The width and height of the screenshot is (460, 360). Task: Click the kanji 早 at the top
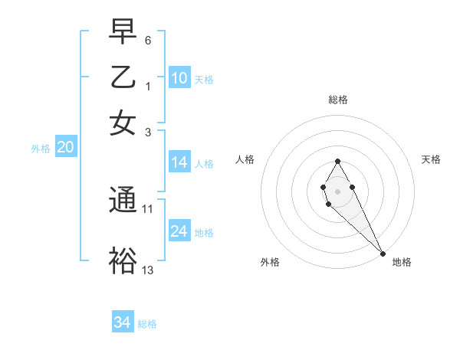point(123,31)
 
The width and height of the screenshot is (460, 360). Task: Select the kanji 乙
point(123,77)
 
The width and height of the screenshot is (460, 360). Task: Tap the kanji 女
point(123,123)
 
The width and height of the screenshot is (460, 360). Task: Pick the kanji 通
point(123,200)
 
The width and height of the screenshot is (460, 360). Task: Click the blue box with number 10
point(179,78)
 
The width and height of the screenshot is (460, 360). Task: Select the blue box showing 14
point(179,162)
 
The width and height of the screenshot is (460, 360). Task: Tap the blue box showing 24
point(179,231)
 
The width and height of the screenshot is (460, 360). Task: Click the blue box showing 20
point(65,148)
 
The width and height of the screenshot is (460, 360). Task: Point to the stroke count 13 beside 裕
point(148,269)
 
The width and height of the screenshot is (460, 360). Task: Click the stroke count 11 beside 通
point(148,208)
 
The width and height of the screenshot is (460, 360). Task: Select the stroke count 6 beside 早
point(148,39)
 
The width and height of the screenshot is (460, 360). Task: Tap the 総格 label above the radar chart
point(338,100)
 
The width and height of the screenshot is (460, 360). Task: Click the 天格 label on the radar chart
point(431,159)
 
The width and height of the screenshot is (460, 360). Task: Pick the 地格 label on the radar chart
point(402,262)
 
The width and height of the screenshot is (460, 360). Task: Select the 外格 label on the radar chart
point(270,262)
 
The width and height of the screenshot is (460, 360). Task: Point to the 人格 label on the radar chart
point(245,159)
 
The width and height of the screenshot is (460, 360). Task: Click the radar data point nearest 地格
point(383,254)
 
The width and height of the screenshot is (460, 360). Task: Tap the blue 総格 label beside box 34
point(147,324)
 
